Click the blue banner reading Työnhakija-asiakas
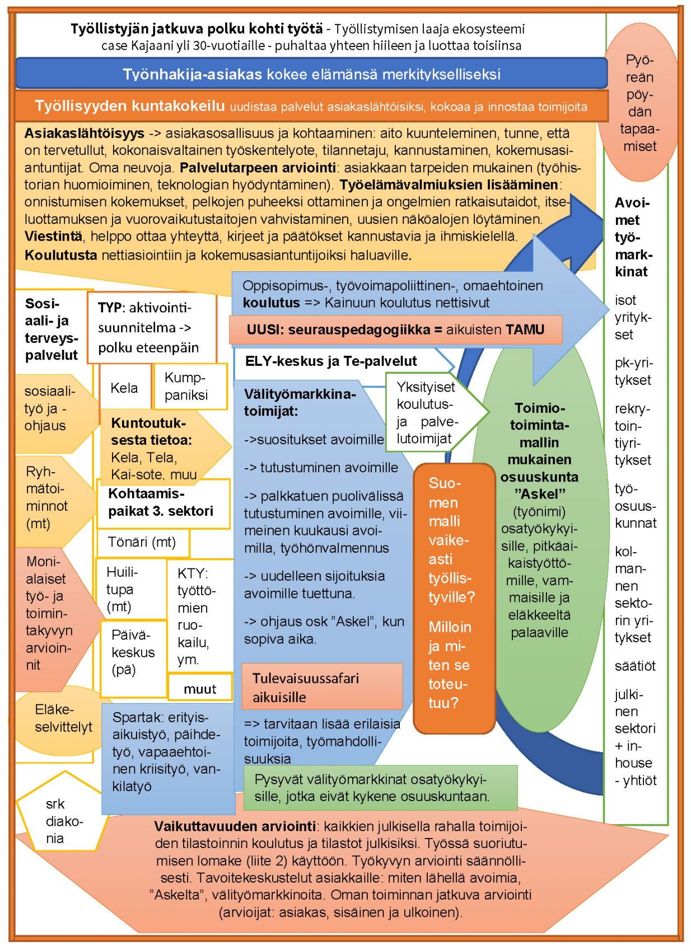click(x=311, y=73)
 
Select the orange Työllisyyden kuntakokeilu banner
click(x=311, y=106)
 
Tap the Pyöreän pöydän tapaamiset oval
click(x=639, y=103)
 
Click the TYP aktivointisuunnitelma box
click(x=150, y=327)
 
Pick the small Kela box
click(x=124, y=388)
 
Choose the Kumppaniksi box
click(x=189, y=386)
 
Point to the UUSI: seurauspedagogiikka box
click(x=395, y=329)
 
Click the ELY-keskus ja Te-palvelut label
click(x=331, y=361)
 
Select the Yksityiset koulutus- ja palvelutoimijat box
click(x=427, y=412)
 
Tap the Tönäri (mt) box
click(x=142, y=542)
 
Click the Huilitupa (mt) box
click(x=130, y=589)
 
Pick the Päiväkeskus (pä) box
click(x=133, y=652)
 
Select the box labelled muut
click(x=200, y=689)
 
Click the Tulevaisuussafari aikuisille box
click(x=322, y=687)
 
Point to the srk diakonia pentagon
click(x=62, y=820)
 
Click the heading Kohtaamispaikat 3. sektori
click(x=161, y=502)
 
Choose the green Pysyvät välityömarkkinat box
click(x=380, y=788)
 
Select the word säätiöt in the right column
click(x=635, y=666)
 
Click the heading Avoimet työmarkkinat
click(x=633, y=237)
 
